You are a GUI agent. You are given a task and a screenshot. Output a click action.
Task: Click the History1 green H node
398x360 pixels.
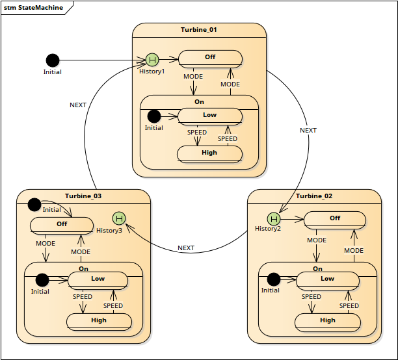point(152,60)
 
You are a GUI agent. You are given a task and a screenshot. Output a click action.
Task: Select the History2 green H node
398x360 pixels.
point(274,219)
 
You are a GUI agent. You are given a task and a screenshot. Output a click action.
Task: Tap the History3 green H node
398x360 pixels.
point(119,218)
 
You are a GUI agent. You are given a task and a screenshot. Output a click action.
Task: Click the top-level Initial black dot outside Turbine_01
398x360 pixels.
point(53,60)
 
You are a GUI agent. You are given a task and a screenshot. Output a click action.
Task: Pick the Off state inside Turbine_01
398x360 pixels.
point(210,59)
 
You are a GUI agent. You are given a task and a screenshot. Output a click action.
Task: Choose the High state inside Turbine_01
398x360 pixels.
point(209,154)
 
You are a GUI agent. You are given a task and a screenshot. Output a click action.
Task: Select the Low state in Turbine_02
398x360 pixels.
point(328,281)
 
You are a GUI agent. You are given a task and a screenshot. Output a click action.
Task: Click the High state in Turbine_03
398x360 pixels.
point(99,322)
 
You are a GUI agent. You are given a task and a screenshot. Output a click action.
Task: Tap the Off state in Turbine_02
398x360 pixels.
point(335,220)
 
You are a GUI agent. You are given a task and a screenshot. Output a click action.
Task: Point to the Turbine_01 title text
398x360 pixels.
point(199,30)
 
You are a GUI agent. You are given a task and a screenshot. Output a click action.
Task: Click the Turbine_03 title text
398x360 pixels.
point(83,196)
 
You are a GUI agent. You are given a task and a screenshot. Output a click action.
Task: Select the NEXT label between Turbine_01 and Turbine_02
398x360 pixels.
point(308,131)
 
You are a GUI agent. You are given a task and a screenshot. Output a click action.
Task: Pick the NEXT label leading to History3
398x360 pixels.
point(186,248)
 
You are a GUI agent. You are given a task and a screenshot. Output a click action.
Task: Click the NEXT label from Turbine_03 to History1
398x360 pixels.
point(78,105)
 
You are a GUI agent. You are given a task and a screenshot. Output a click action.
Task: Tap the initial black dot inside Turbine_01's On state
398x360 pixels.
point(154,116)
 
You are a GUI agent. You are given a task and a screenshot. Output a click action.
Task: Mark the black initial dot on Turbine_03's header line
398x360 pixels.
point(34,205)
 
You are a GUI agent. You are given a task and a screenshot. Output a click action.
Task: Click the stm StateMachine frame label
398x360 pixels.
point(34,8)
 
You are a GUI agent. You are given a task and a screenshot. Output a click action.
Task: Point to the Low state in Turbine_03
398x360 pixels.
point(98,281)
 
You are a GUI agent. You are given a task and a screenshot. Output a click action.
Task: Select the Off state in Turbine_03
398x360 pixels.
point(62,225)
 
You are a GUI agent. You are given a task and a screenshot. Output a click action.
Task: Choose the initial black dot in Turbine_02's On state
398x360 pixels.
point(274,279)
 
